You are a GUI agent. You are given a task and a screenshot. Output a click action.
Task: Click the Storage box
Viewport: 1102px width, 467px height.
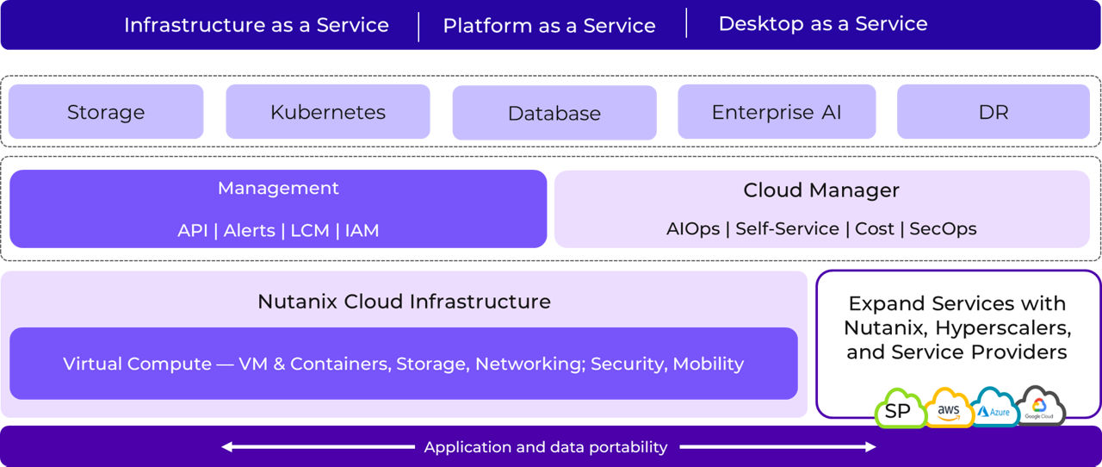(106, 112)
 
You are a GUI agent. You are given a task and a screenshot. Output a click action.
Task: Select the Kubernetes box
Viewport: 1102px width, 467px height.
(327, 112)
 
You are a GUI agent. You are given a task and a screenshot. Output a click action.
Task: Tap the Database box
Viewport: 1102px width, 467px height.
(554, 113)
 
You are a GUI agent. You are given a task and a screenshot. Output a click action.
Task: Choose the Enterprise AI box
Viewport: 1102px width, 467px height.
(776, 112)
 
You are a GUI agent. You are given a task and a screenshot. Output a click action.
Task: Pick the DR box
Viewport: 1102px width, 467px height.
(993, 112)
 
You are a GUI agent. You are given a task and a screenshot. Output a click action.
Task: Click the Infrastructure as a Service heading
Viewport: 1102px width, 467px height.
(256, 25)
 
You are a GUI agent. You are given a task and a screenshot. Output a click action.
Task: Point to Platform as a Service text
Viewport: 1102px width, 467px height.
(548, 26)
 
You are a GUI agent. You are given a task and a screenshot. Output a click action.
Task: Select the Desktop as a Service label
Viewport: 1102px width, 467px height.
(822, 24)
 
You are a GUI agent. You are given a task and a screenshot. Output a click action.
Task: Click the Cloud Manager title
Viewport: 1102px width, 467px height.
(820, 190)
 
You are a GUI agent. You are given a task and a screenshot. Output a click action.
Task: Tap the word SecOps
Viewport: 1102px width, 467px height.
(943, 229)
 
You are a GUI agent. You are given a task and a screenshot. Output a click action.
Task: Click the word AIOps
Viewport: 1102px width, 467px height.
(692, 229)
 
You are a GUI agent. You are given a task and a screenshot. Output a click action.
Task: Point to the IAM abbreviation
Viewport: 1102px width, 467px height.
(362, 231)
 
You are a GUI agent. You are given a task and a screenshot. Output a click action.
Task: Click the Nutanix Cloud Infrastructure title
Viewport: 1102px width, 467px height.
(404, 302)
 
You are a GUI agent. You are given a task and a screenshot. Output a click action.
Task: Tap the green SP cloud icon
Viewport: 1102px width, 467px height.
(898, 410)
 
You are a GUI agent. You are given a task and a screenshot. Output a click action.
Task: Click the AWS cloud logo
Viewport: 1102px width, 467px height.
(949, 410)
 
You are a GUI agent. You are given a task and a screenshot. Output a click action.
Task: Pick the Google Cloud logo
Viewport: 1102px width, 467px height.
(1039, 408)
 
